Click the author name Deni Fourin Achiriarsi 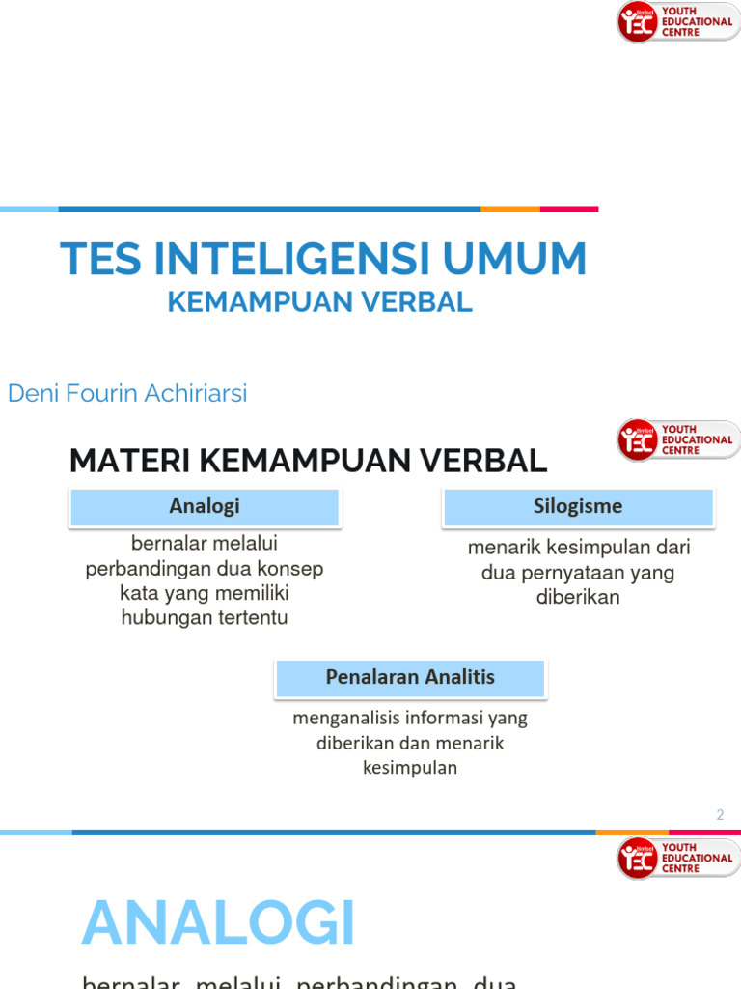click(x=127, y=394)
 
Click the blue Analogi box click(x=205, y=507)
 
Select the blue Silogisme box click(x=578, y=507)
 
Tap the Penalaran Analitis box click(x=410, y=678)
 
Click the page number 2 click(x=720, y=815)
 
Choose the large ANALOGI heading click(x=219, y=924)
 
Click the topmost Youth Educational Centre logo click(x=675, y=22)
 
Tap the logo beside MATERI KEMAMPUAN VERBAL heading click(x=675, y=440)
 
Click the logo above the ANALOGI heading click(x=675, y=859)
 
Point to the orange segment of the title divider click(x=509, y=209)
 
